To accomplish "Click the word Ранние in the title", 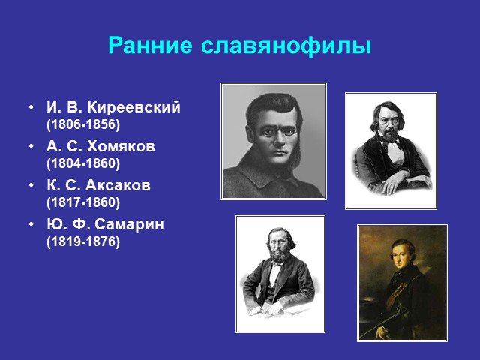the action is (x=150, y=46).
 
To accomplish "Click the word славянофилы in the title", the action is (x=286, y=46).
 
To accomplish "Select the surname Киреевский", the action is (x=133, y=107).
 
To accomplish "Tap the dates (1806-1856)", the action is (x=83, y=124).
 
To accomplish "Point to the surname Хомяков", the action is (x=121, y=146).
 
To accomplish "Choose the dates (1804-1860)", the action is (x=83, y=163).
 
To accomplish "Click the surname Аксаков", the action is (x=118, y=185).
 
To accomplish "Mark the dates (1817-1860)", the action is (x=83, y=202).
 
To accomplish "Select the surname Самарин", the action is (x=129, y=224).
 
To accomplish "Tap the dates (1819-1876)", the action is (x=83, y=241).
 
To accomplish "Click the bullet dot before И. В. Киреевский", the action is (x=31, y=108).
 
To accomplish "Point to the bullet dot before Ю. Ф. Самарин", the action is (x=31, y=225).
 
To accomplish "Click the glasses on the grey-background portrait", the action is (x=278, y=132).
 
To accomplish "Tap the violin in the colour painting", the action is (x=397, y=293).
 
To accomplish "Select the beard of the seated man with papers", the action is (x=278, y=256).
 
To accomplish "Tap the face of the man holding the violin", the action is (x=401, y=256).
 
